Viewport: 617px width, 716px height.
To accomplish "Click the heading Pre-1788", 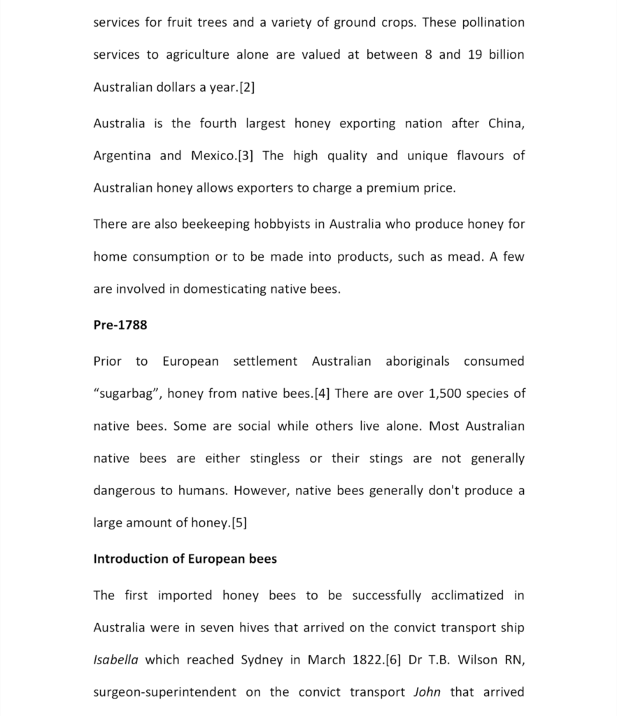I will [x=120, y=325].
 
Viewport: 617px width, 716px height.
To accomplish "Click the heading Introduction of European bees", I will [x=185, y=559].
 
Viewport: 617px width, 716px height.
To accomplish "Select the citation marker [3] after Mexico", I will [x=246, y=155].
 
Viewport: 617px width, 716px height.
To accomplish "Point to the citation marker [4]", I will [x=322, y=393].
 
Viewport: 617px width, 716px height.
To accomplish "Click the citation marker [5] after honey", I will [x=238, y=522].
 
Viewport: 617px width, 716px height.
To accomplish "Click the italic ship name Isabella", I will [x=115, y=659].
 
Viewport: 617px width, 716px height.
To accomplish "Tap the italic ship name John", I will [x=427, y=692].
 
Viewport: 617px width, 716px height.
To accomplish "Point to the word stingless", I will [x=275, y=458].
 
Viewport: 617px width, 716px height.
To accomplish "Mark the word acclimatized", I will [x=467, y=595].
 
